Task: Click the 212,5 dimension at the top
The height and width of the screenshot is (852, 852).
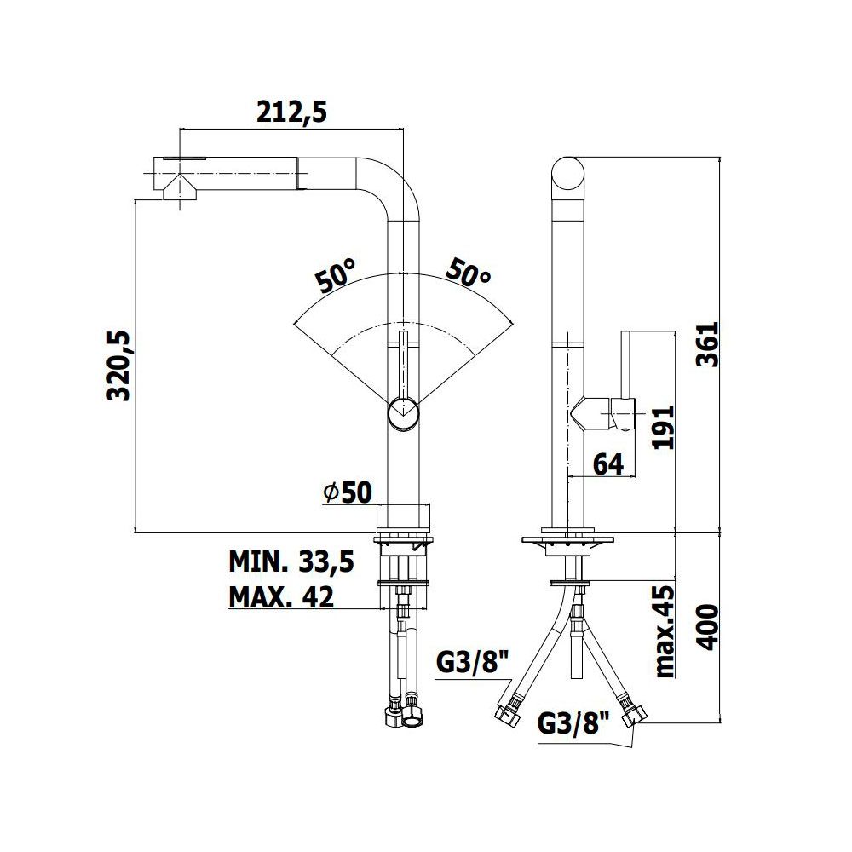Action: [x=291, y=112]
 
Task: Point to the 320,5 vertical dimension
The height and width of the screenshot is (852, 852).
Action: [x=119, y=366]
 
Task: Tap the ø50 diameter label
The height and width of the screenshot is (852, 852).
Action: [x=348, y=492]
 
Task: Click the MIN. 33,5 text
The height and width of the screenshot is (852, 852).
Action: [x=291, y=561]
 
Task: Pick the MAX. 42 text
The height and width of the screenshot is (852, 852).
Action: [x=281, y=596]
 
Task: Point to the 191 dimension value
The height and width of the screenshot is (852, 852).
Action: [x=663, y=427]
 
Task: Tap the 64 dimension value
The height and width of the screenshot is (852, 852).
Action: [x=608, y=464]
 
